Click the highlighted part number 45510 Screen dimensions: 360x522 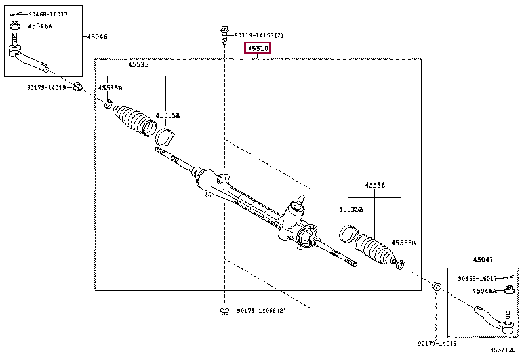pyautogui.click(x=258, y=49)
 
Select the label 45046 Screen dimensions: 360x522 pyautogui.click(x=97, y=37)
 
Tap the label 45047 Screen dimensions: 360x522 pyautogui.click(x=483, y=260)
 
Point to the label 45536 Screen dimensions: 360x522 pyautogui.click(x=375, y=186)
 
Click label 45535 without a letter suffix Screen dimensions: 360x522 pyautogui.click(x=138, y=65)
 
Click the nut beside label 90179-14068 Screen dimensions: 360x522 pyautogui.click(x=224, y=310)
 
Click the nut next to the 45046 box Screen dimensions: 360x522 pyautogui.click(x=77, y=87)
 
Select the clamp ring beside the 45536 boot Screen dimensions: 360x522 pyautogui.click(x=348, y=231)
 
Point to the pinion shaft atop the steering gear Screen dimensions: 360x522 pyautogui.click(x=299, y=199)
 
